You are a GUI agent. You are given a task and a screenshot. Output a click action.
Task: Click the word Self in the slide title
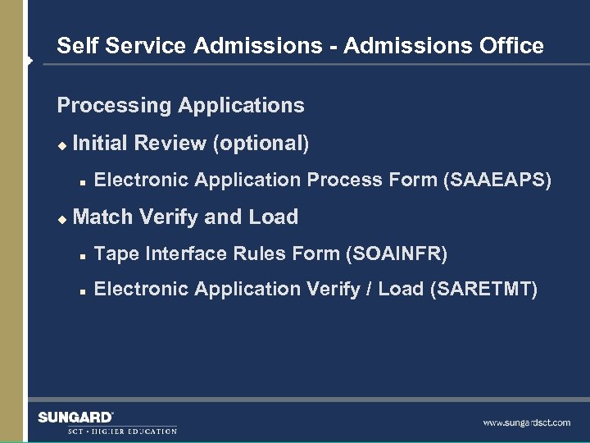[x=74, y=46]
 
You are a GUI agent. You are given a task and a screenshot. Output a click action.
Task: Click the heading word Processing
[x=114, y=106]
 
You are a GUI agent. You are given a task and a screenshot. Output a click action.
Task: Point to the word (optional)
[x=261, y=144]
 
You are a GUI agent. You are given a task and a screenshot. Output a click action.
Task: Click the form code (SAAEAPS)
[x=497, y=180]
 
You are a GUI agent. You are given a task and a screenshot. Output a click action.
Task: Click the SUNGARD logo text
[x=75, y=418]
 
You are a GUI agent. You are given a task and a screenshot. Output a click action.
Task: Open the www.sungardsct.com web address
[x=526, y=423]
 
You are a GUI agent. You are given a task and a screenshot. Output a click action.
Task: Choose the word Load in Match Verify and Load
[x=273, y=217]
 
